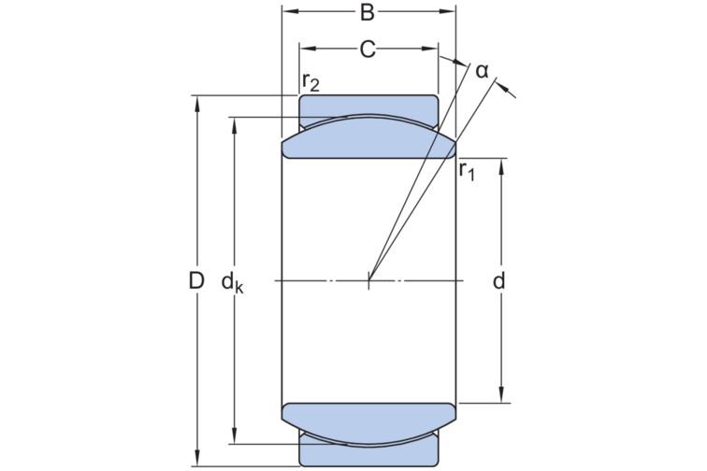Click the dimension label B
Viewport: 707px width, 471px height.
[x=368, y=13]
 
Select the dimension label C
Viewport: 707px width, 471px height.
[x=368, y=50]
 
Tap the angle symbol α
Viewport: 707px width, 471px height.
[x=482, y=71]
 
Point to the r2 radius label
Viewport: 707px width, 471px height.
[x=310, y=82]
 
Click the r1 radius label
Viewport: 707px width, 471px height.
[x=467, y=171]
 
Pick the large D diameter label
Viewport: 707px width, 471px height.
[x=196, y=281]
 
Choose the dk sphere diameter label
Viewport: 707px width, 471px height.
[x=232, y=283]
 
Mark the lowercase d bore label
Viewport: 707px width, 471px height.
[x=498, y=281]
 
